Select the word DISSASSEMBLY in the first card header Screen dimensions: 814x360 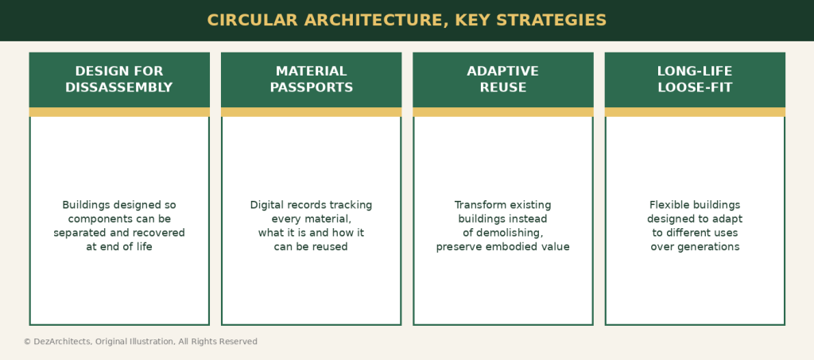119,87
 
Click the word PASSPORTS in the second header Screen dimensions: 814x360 312,87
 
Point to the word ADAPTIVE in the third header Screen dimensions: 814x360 502,71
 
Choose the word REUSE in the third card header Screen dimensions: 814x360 503,87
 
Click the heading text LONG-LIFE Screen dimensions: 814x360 695,71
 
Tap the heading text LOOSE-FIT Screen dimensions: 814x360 695,87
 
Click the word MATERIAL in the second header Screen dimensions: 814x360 311,71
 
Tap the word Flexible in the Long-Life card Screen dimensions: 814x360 668,205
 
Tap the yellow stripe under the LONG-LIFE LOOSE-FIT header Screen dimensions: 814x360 695,112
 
